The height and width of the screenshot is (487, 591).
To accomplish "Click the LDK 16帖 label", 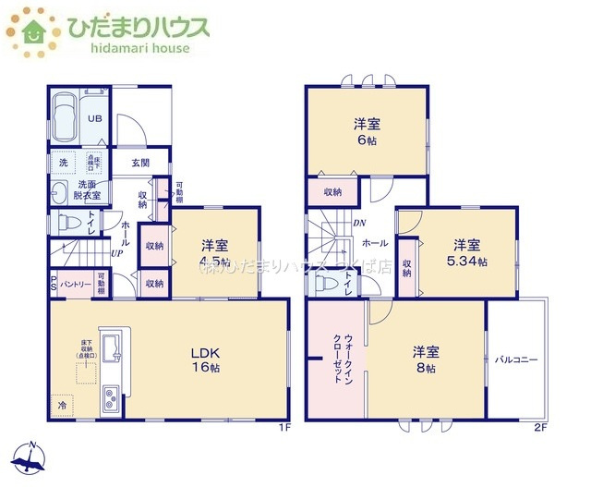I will [x=205, y=359].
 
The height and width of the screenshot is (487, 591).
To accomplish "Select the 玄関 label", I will [x=140, y=163].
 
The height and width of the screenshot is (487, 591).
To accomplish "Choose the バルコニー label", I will [x=515, y=359].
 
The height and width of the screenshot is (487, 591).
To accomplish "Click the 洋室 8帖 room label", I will [x=425, y=359].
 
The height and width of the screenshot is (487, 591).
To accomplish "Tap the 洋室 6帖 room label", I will [x=367, y=131].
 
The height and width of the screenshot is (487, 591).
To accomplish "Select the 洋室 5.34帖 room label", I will [x=466, y=252].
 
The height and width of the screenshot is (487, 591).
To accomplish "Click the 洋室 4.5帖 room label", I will [x=216, y=252].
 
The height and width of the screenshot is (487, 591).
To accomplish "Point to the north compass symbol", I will [x=31, y=455].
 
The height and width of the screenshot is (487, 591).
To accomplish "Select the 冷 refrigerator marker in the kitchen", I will [x=62, y=404].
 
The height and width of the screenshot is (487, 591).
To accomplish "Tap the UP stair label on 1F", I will [x=117, y=252].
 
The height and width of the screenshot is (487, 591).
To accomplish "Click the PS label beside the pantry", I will [x=53, y=284].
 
